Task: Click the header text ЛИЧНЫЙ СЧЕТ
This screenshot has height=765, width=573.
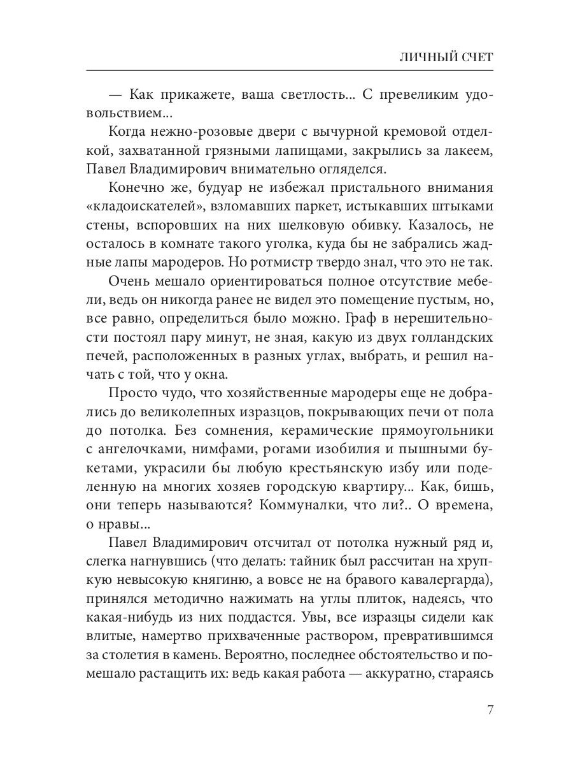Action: click(446, 57)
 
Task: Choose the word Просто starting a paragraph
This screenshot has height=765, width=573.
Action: click(132, 393)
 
